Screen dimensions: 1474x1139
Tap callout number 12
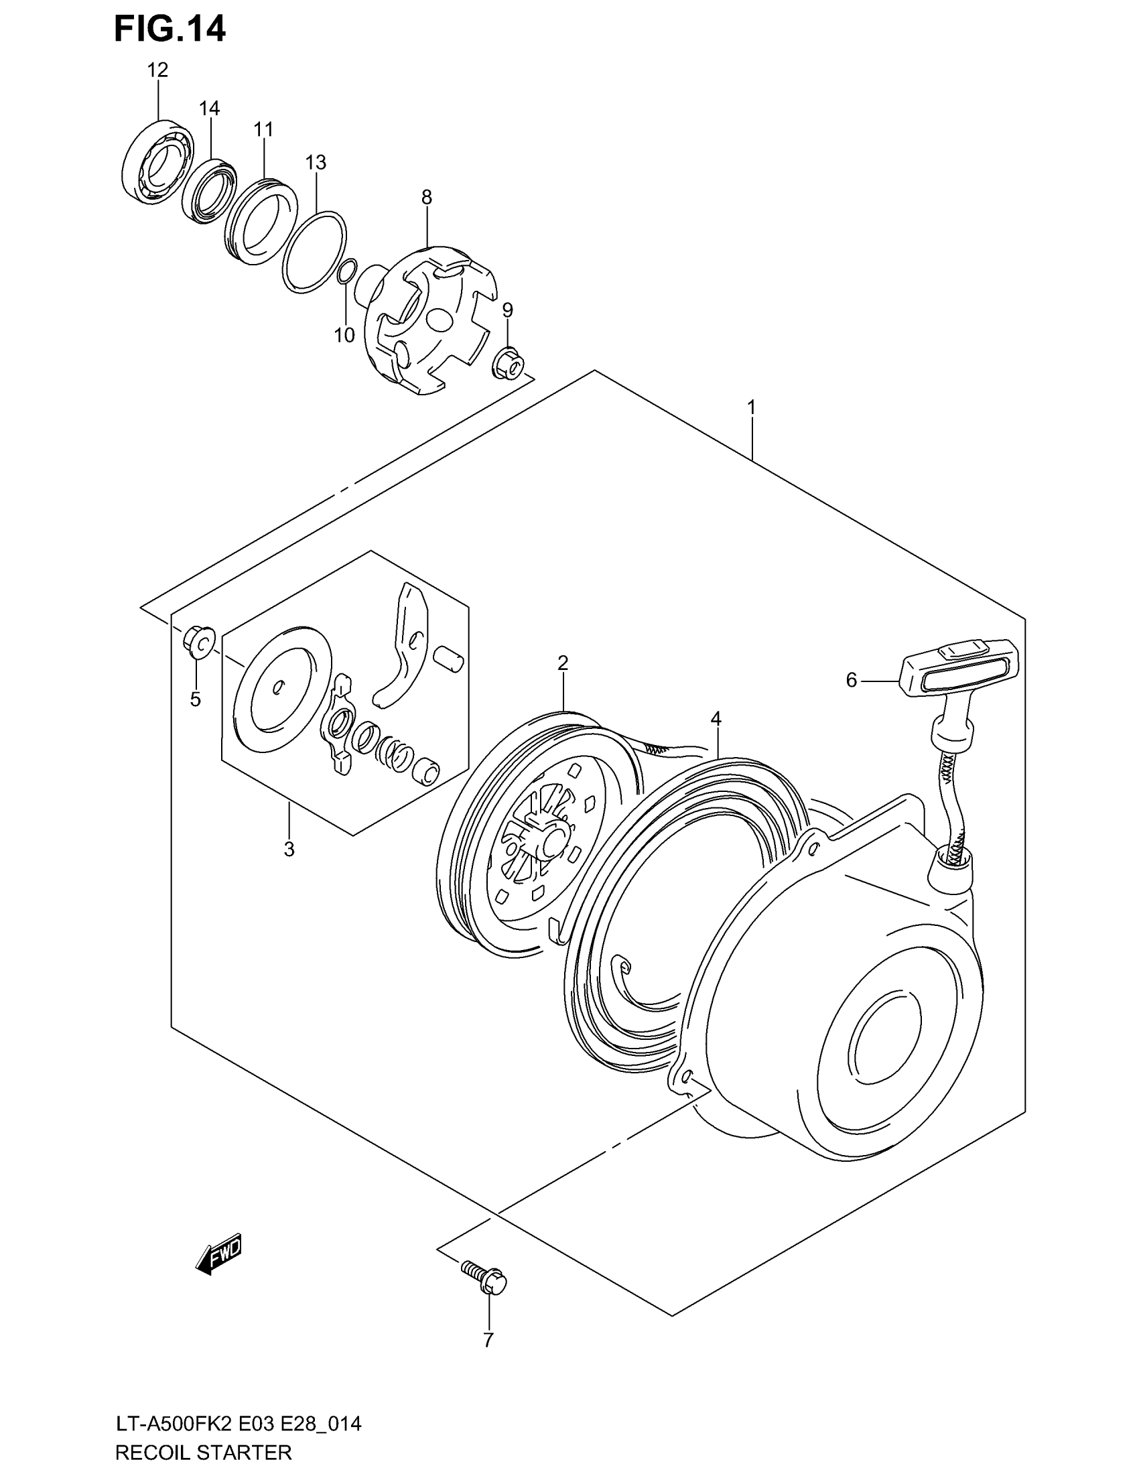click(x=157, y=70)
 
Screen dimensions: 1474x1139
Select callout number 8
click(x=426, y=197)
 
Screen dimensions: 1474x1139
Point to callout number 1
click(x=751, y=407)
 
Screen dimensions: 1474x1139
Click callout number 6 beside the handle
click(x=851, y=680)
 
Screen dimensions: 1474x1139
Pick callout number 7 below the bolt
click(x=488, y=1340)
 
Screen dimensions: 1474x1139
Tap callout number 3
click(x=289, y=849)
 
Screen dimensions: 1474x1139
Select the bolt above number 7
click(x=486, y=1277)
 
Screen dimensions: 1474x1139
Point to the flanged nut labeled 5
click(x=198, y=643)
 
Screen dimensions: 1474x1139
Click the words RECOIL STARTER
click(x=203, y=1451)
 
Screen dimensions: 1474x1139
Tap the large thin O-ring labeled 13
click(x=314, y=252)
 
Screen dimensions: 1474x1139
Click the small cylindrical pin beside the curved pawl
click(x=448, y=658)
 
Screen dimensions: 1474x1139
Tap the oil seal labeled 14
click(x=209, y=191)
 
